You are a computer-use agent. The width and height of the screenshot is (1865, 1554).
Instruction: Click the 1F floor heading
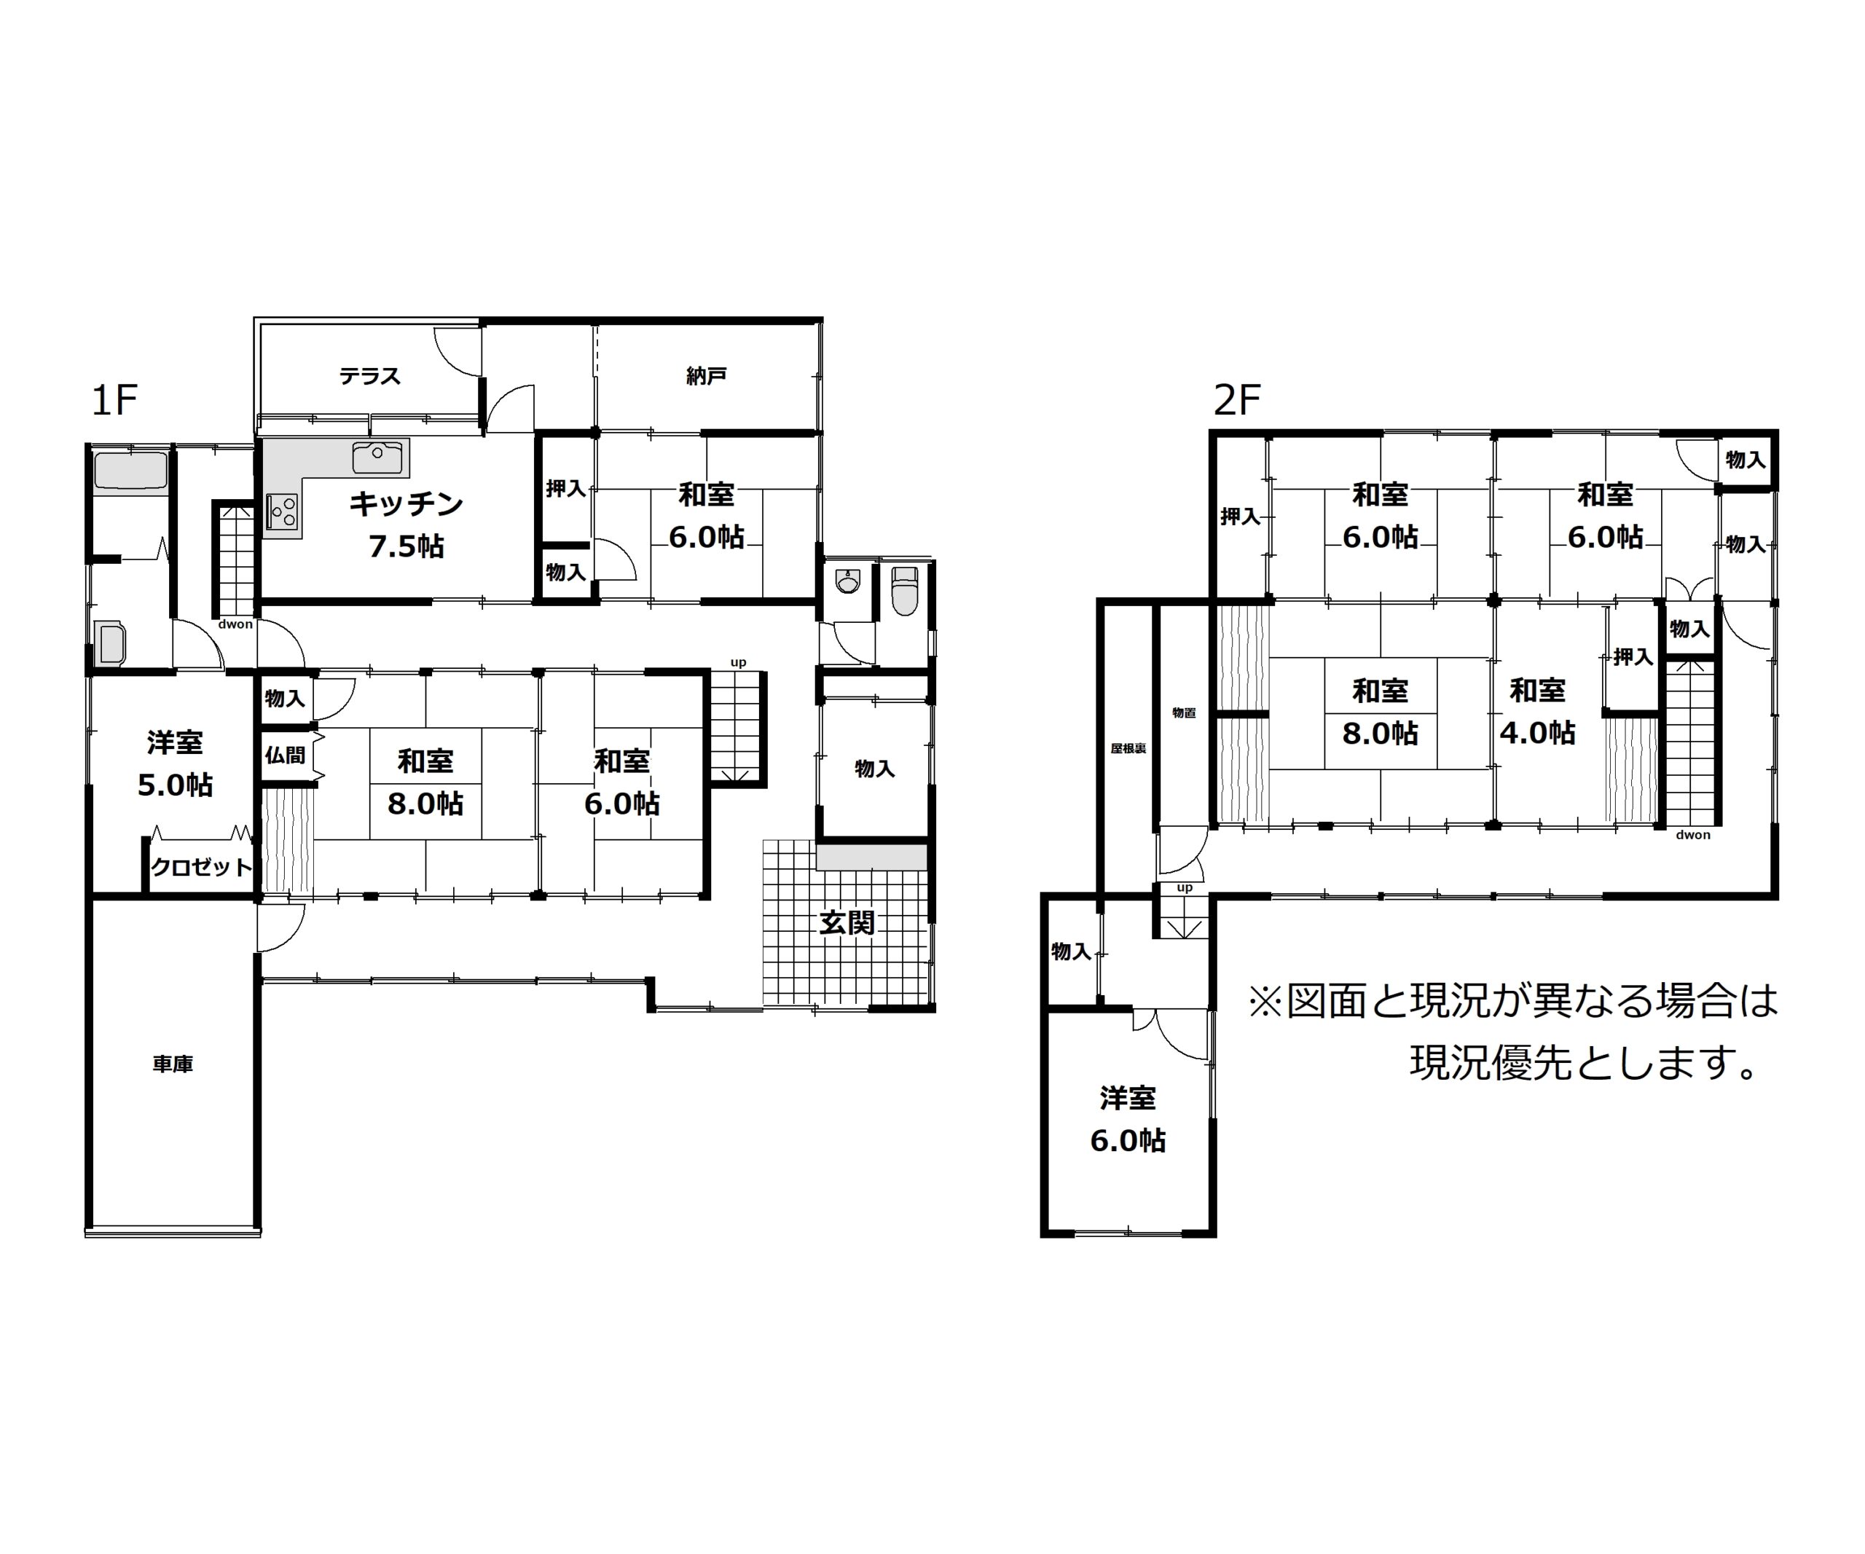114,401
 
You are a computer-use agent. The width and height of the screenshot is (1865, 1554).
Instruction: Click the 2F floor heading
1237,401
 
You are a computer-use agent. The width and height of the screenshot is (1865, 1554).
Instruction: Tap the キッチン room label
406,503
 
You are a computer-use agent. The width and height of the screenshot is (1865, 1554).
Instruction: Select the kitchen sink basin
377,456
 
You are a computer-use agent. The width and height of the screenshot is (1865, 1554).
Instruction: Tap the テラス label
369,377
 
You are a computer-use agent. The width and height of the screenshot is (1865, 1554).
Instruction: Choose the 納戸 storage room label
706,377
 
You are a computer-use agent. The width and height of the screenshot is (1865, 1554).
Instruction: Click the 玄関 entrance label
847,924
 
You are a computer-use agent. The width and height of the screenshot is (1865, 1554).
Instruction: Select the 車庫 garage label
172,1064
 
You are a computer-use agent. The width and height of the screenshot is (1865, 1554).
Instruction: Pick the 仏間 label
284,755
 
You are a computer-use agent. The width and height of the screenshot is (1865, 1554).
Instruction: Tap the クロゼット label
202,867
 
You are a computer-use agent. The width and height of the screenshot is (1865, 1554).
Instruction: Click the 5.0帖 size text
175,785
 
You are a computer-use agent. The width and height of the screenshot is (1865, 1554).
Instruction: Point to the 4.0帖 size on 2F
1537,734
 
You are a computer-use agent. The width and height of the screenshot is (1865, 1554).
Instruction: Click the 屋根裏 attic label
1128,748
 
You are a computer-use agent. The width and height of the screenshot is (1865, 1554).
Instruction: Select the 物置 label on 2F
1184,713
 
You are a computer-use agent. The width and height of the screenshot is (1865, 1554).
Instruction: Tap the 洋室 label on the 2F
1128,1099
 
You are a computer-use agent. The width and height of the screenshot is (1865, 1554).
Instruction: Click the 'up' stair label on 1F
738,662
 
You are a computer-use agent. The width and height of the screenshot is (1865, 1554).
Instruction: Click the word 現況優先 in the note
1492,1064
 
